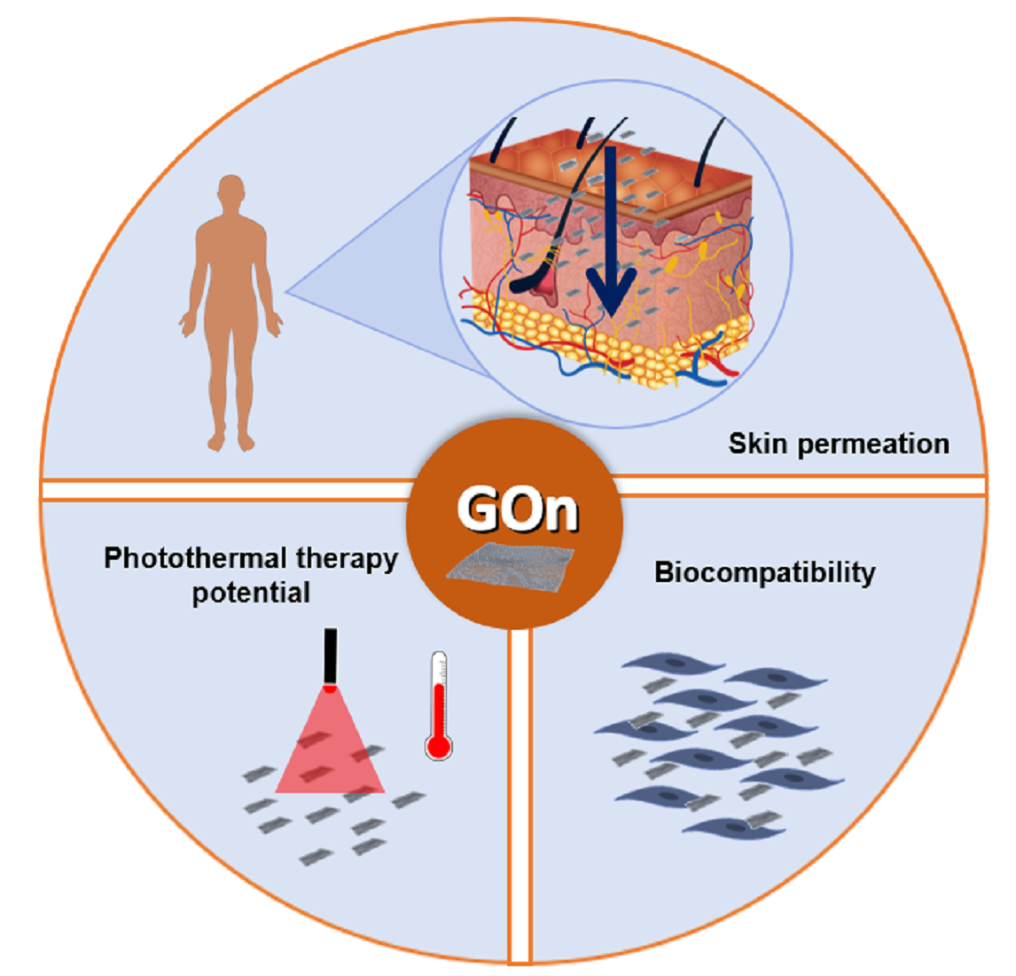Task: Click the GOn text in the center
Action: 517,509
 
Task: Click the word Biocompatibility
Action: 764,573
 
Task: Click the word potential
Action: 251,593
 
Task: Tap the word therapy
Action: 347,560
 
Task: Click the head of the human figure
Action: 231,194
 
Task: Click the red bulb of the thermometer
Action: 438,745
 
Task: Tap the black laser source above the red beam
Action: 330,657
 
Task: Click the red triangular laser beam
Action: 330,750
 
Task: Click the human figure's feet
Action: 231,440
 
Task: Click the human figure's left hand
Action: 276,326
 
